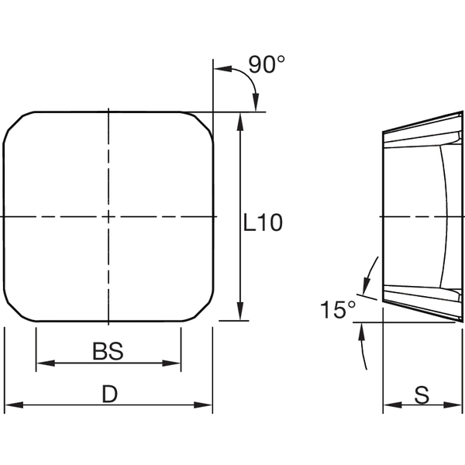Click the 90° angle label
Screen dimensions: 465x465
[262, 66]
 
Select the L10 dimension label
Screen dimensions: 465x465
[263, 224]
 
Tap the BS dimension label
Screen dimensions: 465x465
[108, 352]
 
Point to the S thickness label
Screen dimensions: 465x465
[422, 395]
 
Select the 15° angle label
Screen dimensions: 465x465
[337, 310]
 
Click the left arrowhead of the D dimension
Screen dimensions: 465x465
[12, 405]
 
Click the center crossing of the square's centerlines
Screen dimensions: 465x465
[109, 215]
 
